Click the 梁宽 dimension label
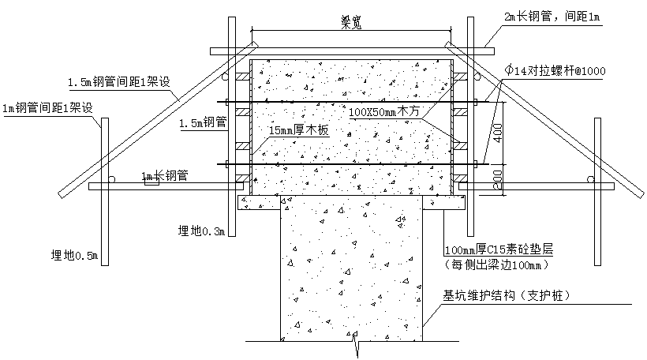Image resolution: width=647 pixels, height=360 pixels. [x=351, y=22]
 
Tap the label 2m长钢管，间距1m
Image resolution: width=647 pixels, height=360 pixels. [x=552, y=17]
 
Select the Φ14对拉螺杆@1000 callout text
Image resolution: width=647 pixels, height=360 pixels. [x=555, y=70]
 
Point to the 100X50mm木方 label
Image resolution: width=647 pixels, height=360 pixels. [x=383, y=111]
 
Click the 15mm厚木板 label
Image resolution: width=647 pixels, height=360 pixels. [x=299, y=130]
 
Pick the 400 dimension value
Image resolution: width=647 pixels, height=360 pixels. [x=499, y=133]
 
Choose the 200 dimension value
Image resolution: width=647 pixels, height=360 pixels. [x=499, y=179]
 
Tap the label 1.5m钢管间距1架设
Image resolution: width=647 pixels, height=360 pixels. [x=119, y=82]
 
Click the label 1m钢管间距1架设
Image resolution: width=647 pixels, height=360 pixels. [x=47, y=108]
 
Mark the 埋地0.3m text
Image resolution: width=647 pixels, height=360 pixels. [x=201, y=231]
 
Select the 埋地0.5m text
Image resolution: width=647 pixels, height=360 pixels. [x=74, y=256]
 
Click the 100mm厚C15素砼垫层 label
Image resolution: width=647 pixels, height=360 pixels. [x=499, y=249]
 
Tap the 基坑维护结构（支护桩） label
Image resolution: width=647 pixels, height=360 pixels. [x=507, y=295]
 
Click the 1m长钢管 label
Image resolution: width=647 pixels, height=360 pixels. [x=165, y=176]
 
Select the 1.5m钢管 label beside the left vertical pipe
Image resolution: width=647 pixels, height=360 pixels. [x=203, y=122]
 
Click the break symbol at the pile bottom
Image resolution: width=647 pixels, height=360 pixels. [x=356, y=343]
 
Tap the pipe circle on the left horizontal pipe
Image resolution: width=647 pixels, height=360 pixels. [x=111, y=179]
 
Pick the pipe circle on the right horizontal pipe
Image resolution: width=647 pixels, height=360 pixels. [x=591, y=179]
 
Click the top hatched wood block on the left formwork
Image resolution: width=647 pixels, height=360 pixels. [x=243, y=77]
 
